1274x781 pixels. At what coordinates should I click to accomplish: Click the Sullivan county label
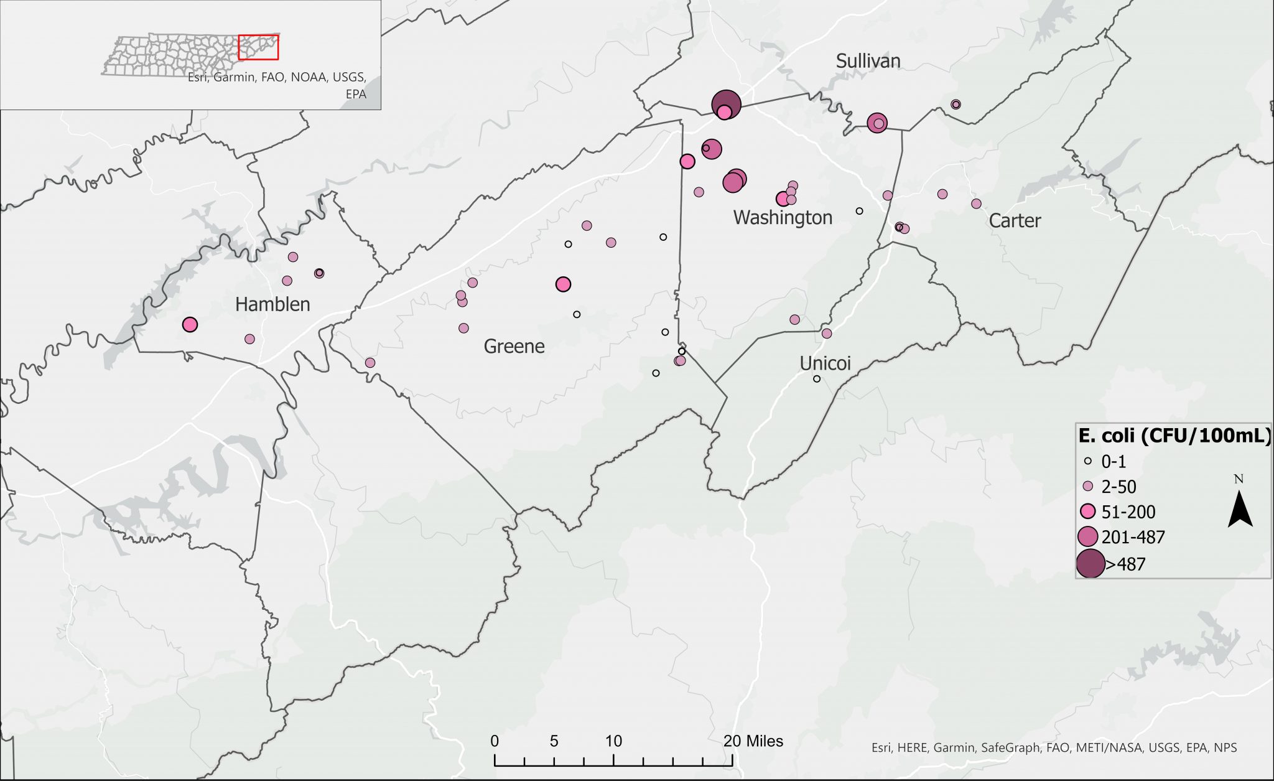point(868,61)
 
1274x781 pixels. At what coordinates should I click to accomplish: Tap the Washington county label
point(783,218)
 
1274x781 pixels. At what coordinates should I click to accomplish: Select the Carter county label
point(1015,221)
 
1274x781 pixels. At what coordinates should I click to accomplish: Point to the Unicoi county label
point(825,363)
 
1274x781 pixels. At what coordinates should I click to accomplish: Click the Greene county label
point(514,347)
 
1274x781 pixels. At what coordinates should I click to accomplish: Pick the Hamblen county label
point(272,304)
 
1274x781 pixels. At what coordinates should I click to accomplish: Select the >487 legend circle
point(1090,564)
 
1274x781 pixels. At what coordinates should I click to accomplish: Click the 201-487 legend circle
point(1088,536)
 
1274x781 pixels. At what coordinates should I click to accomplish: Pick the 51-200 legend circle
point(1088,512)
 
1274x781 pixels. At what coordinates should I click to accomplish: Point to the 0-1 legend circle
point(1088,462)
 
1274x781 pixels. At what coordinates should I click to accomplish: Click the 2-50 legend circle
point(1088,486)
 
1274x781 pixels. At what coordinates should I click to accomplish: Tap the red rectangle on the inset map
point(258,47)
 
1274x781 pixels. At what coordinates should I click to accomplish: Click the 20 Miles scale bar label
point(753,741)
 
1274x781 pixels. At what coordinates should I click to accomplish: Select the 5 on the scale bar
point(554,741)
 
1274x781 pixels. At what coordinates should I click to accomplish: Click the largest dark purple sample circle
point(726,103)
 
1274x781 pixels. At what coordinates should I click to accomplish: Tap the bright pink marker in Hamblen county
point(190,324)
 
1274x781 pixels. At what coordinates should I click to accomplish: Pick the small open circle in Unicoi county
point(817,378)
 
